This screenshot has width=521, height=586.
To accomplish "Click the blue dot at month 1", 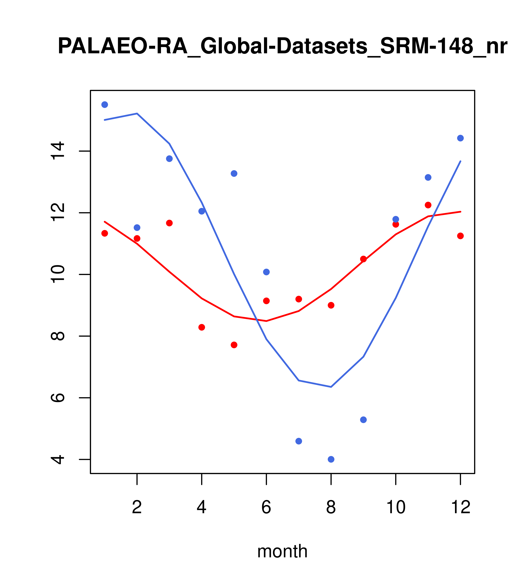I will pyautogui.click(x=105, y=105).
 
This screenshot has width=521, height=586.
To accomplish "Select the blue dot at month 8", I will pyautogui.click(x=331, y=459).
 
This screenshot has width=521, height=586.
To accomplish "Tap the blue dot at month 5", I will pyautogui.click(x=234, y=174).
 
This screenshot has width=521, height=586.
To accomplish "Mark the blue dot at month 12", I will pyautogui.click(x=460, y=138).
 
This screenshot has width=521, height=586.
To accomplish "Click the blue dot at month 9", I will pyautogui.click(x=363, y=420).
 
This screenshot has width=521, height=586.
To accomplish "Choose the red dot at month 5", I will pyautogui.click(x=234, y=345).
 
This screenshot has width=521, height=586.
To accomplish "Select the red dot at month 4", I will pyautogui.click(x=201, y=327).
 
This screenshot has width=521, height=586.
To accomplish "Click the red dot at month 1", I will pyautogui.click(x=105, y=233).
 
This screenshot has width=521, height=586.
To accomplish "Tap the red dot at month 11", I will pyautogui.click(x=428, y=205).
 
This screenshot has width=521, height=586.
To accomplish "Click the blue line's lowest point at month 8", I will pyautogui.click(x=331, y=387).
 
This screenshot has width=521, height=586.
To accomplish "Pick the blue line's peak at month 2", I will pyautogui.click(x=137, y=114).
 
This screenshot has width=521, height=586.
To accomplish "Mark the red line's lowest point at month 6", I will pyautogui.click(x=266, y=321).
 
